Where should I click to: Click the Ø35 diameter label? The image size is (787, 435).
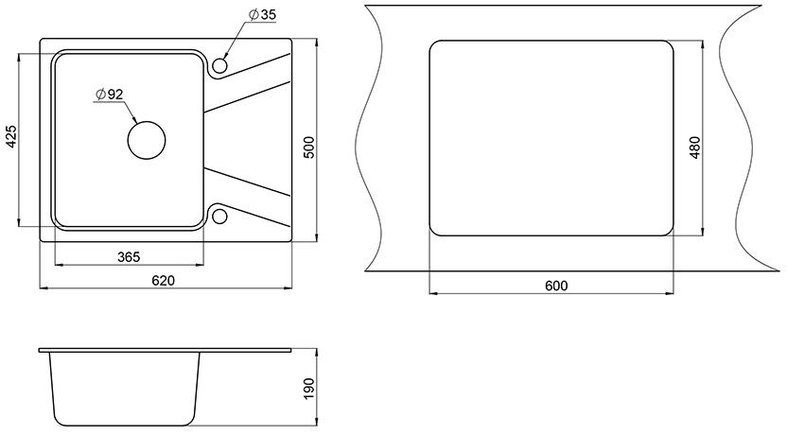point(262,14)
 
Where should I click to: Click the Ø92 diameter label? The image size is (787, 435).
point(109,95)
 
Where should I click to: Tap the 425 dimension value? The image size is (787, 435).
point(11,136)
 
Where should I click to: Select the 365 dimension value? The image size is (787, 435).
point(129,257)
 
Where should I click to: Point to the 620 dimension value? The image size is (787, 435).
point(163,281)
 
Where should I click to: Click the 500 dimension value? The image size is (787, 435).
point(309,148)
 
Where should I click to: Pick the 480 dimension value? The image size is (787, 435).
point(694,148)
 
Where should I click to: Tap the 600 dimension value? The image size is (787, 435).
point(556,286)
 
